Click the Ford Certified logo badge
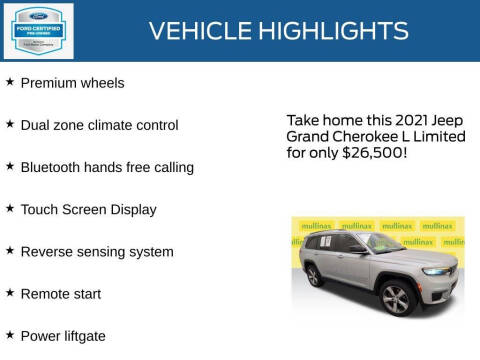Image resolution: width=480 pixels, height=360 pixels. (38, 30)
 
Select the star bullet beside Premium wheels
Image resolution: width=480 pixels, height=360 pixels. (10, 82)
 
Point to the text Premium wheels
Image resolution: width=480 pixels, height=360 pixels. (72, 83)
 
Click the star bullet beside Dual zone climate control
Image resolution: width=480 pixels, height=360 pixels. (10, 124)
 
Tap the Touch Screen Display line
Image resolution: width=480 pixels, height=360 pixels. (88, 210)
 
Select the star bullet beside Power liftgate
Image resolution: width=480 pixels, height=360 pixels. (10, 335)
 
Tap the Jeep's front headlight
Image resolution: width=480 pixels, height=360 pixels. (435, 271)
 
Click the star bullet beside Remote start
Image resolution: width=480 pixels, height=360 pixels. (10, 293)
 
